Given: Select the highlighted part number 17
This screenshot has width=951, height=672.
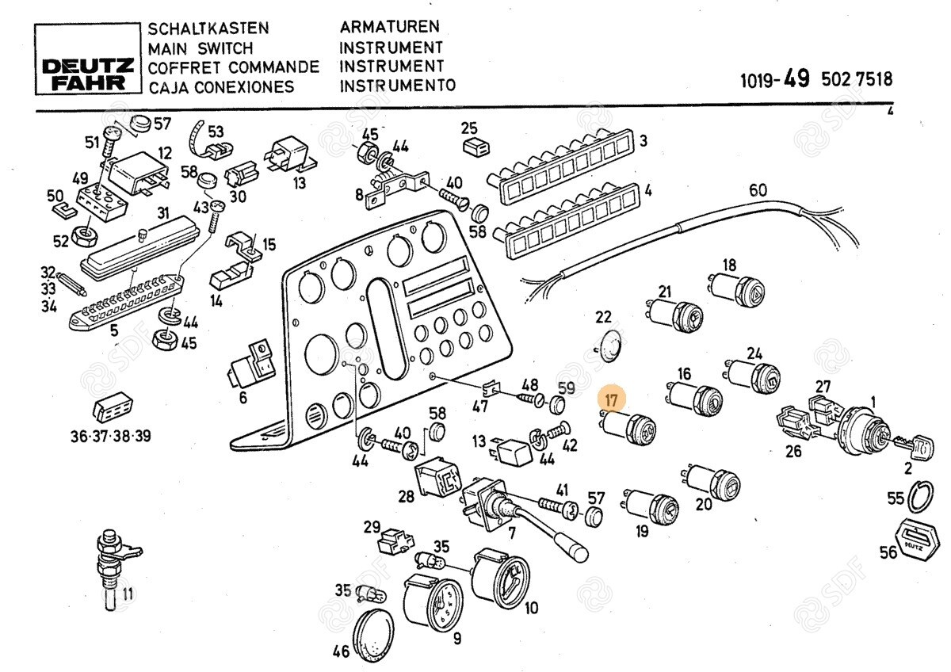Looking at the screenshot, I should pyautogui.click(x=611, y=399).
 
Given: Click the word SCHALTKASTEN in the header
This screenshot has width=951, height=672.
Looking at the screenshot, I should pyautogui.click(x=208, y=29).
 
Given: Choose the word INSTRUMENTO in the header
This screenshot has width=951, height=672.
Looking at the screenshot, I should pyautogui.click(x=397, y=86).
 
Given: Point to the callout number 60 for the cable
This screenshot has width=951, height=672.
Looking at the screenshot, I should pyautogui.click(x=758, y=190).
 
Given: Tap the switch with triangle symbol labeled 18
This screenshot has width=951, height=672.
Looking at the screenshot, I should pyautogui.click(x=737, y=290).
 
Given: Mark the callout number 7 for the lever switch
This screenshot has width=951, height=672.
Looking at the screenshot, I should pyautogui.click(x=512, y=533).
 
